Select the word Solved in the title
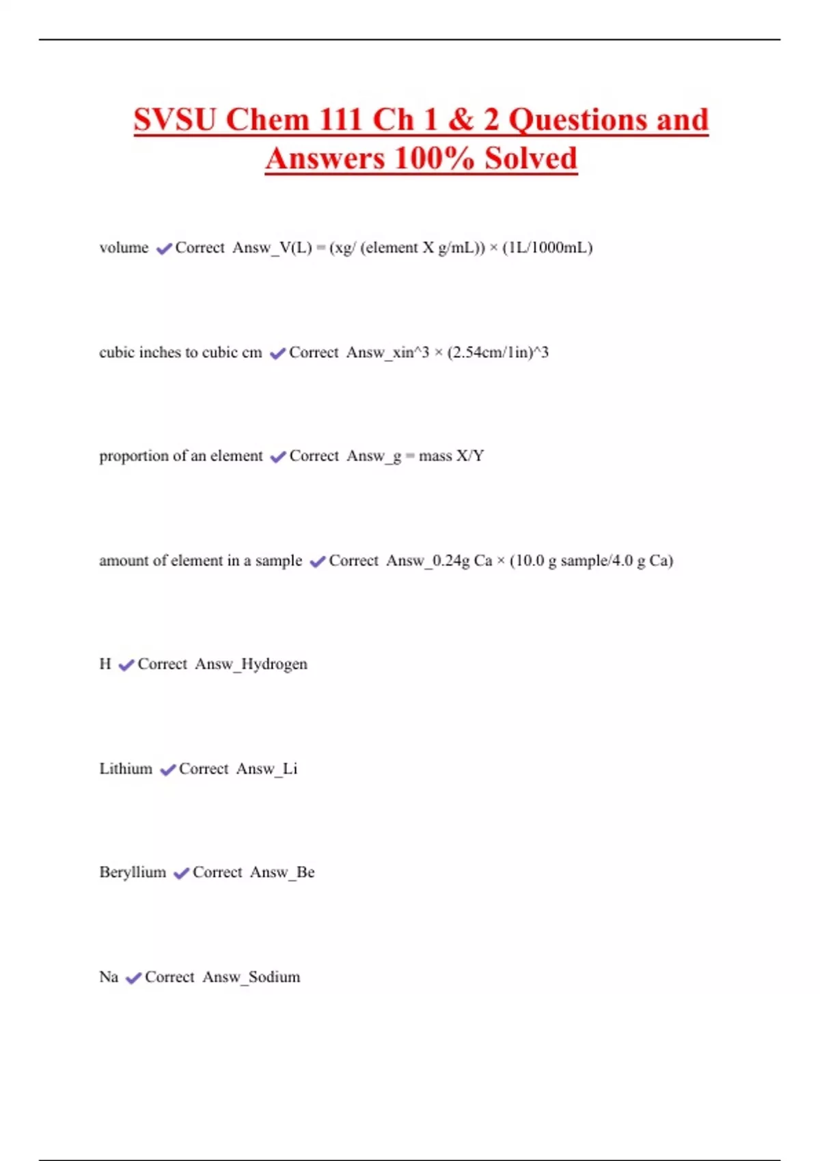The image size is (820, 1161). point(531,158)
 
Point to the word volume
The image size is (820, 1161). point(124,248)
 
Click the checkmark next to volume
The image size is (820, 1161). point(164,249)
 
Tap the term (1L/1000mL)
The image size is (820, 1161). point(547,248)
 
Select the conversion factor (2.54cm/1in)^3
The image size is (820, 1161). point(498,353)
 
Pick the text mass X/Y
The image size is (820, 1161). point(451,456)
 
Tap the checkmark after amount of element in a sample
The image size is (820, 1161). point(318,561)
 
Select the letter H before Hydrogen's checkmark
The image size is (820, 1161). point(105,664)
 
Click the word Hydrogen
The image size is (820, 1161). point(274,665)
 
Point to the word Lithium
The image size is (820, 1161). point(126,769)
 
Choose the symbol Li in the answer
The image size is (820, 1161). point(290,769)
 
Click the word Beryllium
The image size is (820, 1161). point(133,873)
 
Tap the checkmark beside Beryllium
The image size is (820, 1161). point(181,873)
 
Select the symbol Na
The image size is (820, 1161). point(109,977)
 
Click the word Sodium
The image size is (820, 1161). point(274,977)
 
